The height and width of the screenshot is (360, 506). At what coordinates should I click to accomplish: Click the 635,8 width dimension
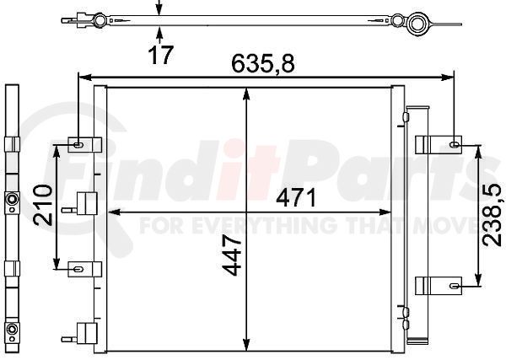pyautogui.click(x=263, y=63)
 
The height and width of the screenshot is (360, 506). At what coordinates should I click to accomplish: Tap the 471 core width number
pyautogui.click(x=296, y=198)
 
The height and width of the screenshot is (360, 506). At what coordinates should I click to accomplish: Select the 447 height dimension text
pyautogui.click(x=233, y=255)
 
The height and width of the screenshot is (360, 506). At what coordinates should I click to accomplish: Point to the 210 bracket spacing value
pyautogui.click(x=43, y=205)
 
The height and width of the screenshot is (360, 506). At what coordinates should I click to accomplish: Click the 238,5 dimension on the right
pyautogui.click(x=493, y=216)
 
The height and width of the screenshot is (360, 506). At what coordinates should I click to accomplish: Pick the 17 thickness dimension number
pyautogui.click(x=161, y=55)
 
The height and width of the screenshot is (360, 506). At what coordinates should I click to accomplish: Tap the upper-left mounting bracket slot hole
pyautogui.click(x=78, y=145)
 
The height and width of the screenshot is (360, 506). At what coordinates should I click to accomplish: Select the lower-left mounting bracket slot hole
pyautogui.click(x=78, y=269)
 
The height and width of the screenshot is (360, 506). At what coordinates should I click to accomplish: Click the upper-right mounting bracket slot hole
pyautogui.click(x=455, y=144)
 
